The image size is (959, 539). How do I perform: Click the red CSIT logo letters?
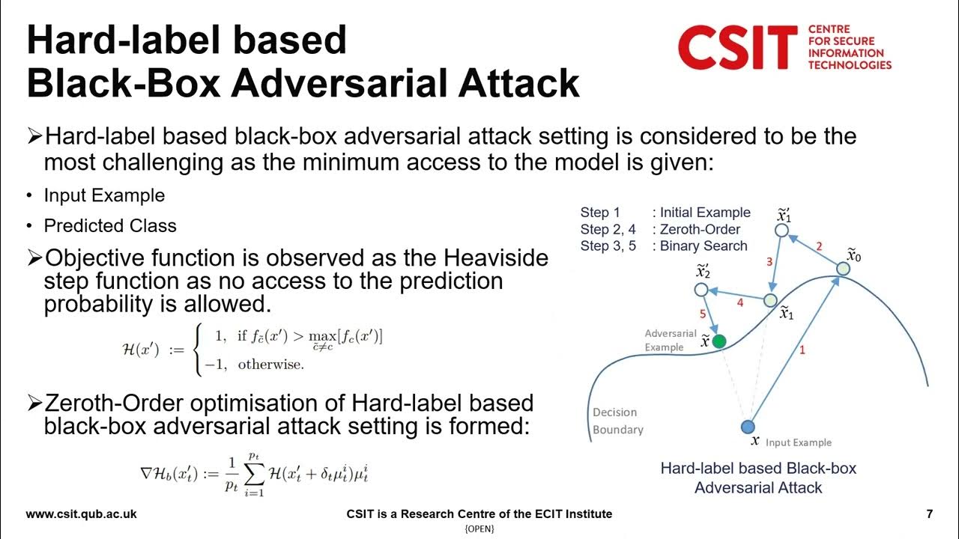click(737, 46)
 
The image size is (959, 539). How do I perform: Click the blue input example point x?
click(747, 427)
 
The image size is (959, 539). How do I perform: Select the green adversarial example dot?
click(719, 341)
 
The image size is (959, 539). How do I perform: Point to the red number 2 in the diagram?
click(819, 246)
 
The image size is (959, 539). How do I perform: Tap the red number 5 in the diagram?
click(703, 314)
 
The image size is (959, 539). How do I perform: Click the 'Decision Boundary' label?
click(617, 421)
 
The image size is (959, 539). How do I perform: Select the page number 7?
click(929, 514)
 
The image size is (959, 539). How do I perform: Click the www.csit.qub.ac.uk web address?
click(82, 514)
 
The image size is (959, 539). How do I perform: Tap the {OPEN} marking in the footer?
click(479, 529)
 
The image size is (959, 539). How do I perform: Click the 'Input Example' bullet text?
click(104, 196)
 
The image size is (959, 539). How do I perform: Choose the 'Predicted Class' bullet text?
click(110, 226)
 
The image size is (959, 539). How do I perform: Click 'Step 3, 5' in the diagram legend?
click(608, 246)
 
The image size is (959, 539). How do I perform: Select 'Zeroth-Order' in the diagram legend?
click(700, 229)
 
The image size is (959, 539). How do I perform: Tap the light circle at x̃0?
click(843, 269)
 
